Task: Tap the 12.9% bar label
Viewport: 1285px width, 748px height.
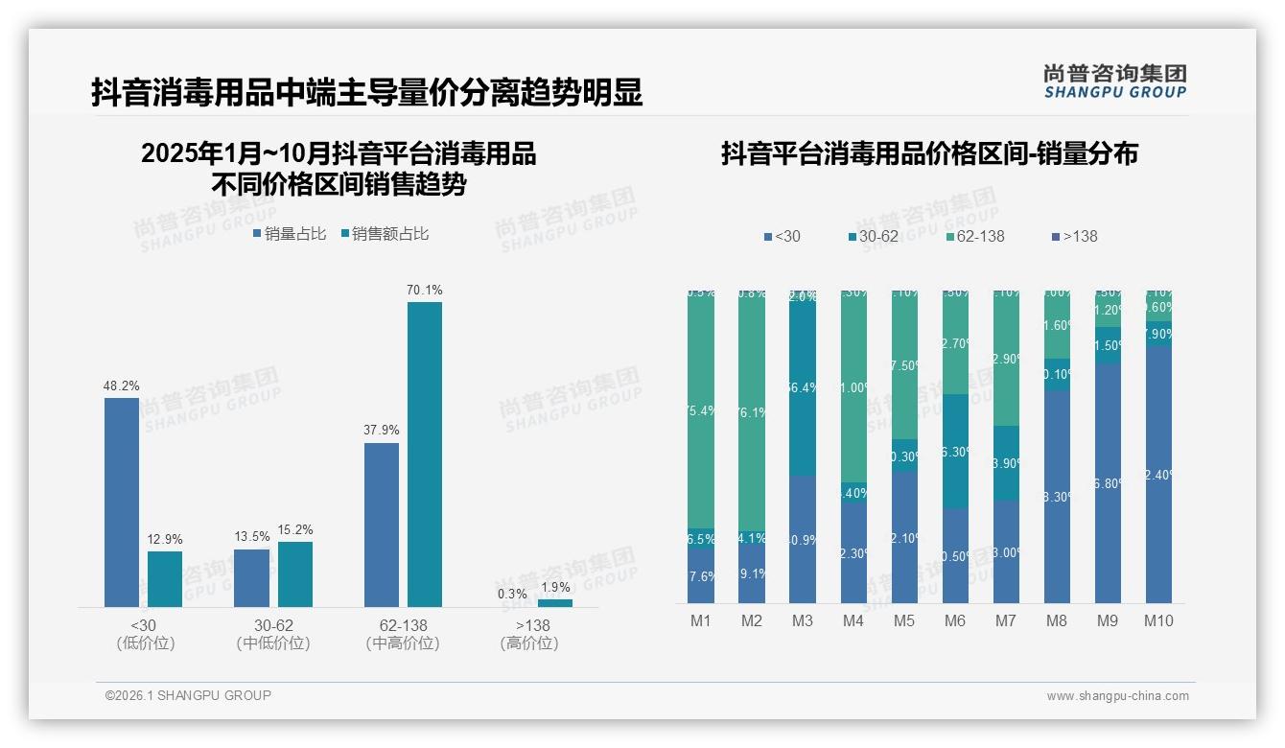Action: pos(165,539)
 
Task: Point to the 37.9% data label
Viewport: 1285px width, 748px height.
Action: pos(382,431)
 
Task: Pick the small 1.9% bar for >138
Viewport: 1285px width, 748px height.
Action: pos(555,603)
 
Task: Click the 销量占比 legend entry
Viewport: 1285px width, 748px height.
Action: pos(290,233)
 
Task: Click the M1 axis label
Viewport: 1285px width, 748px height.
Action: pos(701,620)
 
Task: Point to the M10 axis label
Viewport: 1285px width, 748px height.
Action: pos(1158,620)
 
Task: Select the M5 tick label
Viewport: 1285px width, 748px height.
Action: pos(904,620)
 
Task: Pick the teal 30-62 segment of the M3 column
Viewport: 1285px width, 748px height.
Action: pos(803,384)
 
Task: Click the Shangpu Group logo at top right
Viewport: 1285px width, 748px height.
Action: pos(1115,81)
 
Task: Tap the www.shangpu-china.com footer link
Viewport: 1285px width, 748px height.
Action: pos(1117,696)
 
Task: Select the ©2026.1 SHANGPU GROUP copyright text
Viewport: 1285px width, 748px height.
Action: pos(188,695)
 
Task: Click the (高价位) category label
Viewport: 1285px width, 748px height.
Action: pos(529,643)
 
